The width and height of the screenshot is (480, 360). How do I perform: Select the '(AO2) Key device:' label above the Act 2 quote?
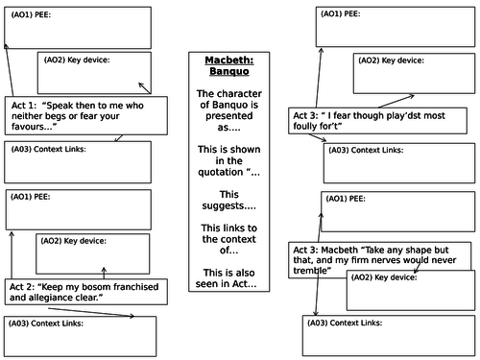tap(73, 241)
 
